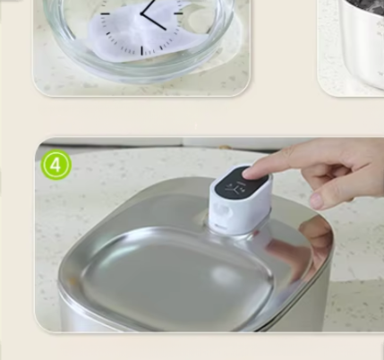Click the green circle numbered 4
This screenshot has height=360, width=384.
point(56,165)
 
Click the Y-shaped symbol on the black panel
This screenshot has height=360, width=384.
point(232,188)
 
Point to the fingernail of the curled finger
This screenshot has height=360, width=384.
point(316,201)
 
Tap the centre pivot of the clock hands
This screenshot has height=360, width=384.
point(141,13)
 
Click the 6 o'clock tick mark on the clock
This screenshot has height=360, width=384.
point(141,51)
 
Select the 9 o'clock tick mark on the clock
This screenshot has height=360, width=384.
point(105,13)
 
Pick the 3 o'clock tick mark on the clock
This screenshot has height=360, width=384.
point(178,13)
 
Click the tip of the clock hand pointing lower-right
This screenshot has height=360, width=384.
point(166,30)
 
